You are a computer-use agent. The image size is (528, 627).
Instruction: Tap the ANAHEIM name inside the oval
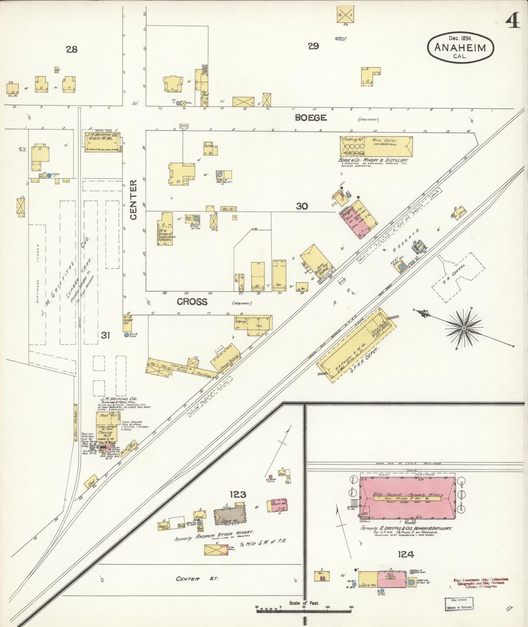click(x=460, y=48)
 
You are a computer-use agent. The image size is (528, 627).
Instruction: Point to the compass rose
click(x=464, y=328)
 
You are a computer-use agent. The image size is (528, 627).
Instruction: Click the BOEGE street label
click(x=311, y=118)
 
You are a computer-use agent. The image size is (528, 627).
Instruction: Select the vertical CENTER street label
click(x=133, y=199)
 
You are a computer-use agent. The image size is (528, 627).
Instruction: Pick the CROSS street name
click(x=192, y=302)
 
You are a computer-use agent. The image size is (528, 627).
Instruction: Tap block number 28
click(x=72, y=49)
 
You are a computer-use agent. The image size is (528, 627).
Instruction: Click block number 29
click(x=313, y=46)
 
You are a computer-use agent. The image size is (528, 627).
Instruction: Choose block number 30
click(x=302, y=206)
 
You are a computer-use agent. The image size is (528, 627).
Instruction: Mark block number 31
click(x=105, y=335)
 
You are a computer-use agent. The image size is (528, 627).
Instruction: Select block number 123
click(x=238, y=495)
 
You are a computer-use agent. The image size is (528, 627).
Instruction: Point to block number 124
click(x=406, y=555)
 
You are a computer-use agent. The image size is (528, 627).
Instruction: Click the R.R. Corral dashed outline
click(x=459, y=278)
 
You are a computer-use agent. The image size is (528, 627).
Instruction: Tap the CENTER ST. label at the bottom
click(x=197, y=579)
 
